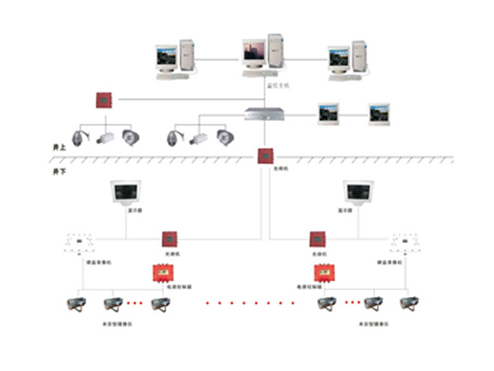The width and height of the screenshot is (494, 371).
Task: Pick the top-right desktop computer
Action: (x=347, y=59)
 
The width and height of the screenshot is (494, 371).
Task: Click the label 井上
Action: (x=58, y=146)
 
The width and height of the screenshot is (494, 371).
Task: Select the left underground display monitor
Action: (x=128, y=195)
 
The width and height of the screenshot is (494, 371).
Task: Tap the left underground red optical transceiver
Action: (x=170, y=239)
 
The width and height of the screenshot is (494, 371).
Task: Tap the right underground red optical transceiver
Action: (x=317, y=239)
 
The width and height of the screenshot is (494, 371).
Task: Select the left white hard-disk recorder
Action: (x=80, y=242)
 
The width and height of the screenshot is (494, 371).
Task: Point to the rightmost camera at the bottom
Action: (x=408, y=303)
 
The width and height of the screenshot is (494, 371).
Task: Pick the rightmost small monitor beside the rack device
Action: (x=379, y=112)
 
